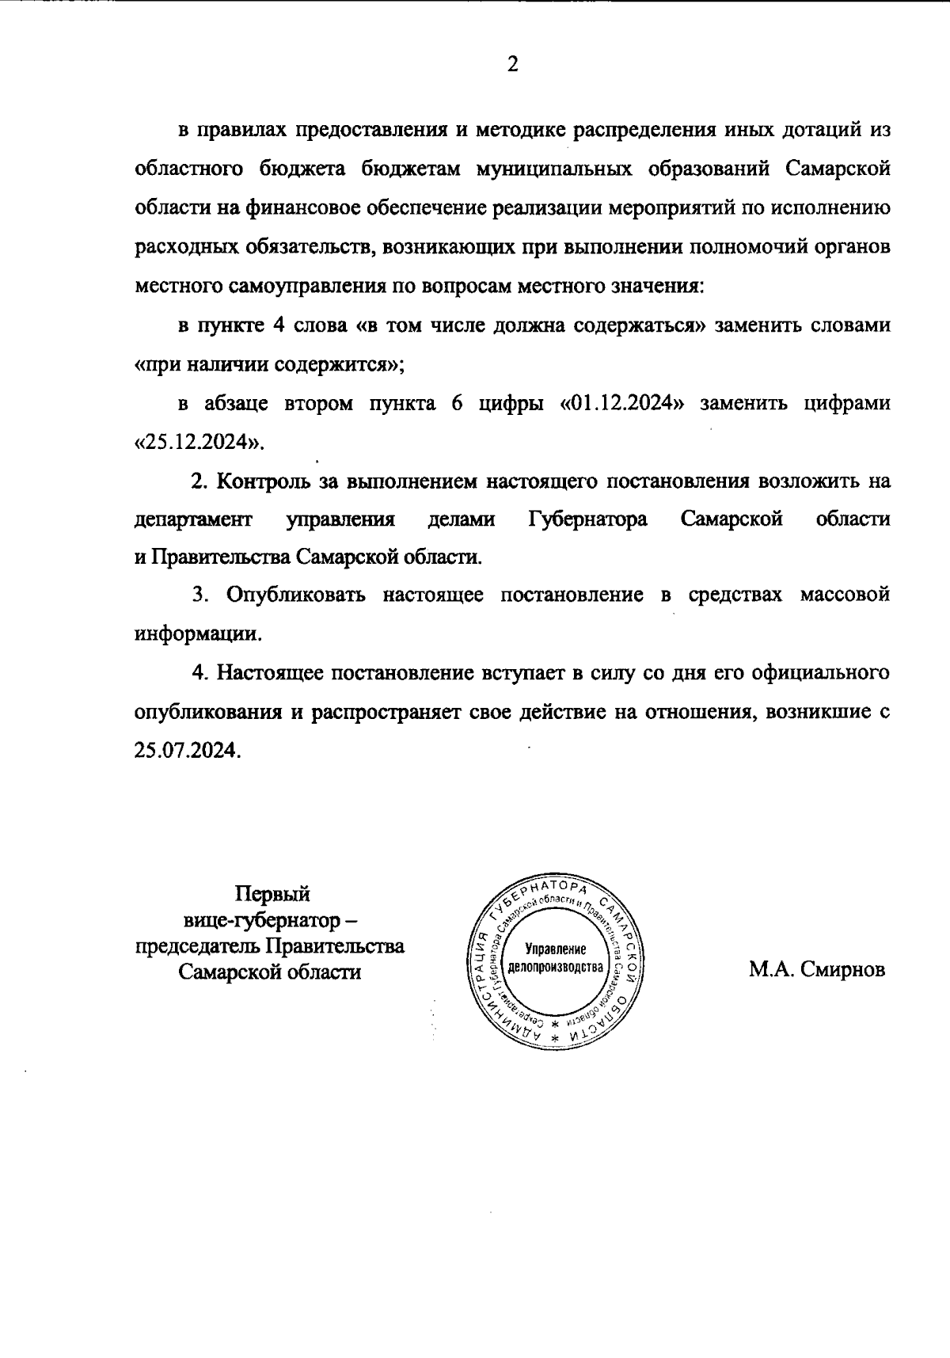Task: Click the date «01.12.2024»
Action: click(x=621, y=403)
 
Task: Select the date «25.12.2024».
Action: click(x=199, y=441)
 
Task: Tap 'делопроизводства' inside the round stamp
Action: click(x=555, y=968)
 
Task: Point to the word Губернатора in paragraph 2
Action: click(x=587, y=519)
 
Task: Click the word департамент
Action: click(x=193, y=519)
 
